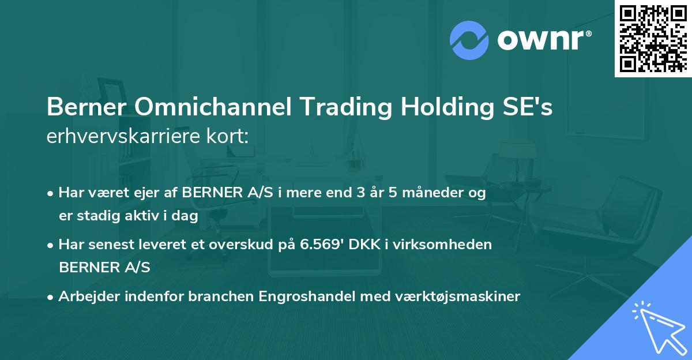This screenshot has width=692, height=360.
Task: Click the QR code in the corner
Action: (653, 38)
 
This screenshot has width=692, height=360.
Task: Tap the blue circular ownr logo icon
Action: (469, 39)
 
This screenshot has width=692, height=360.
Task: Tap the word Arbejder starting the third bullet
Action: (85, 297)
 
